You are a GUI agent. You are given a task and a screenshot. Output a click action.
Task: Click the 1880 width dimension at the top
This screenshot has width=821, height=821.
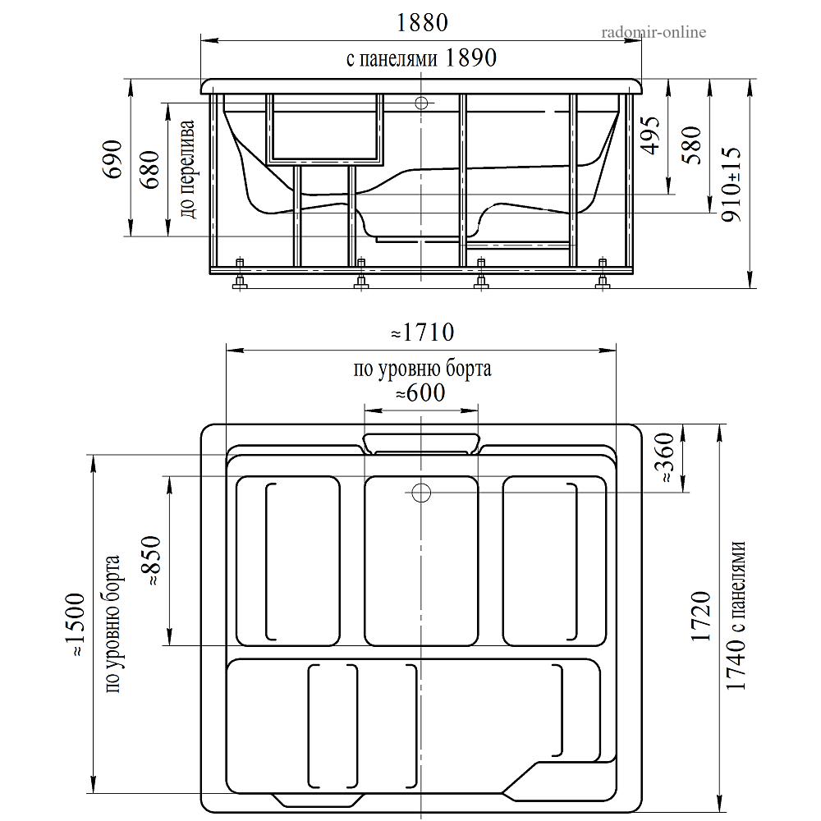pos(422,23)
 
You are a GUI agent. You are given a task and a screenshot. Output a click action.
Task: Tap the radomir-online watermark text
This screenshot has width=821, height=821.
pos(654,33)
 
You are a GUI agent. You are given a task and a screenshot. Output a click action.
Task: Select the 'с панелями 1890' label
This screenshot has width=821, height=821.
pos(421,57)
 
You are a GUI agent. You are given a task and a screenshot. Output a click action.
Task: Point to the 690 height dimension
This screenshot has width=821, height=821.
pos(113,159)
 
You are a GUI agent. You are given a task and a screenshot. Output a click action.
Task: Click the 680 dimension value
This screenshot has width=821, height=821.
pos(150,170)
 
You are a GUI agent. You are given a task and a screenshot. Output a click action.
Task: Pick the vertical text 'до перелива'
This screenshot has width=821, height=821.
pos(187,168)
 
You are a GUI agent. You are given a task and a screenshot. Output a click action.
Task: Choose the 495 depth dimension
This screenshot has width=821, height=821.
pos(651,135)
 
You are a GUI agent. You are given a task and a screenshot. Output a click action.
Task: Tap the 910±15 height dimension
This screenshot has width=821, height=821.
pos(732,184)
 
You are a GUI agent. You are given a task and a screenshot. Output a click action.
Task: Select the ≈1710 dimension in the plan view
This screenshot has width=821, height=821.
pos(423,333)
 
